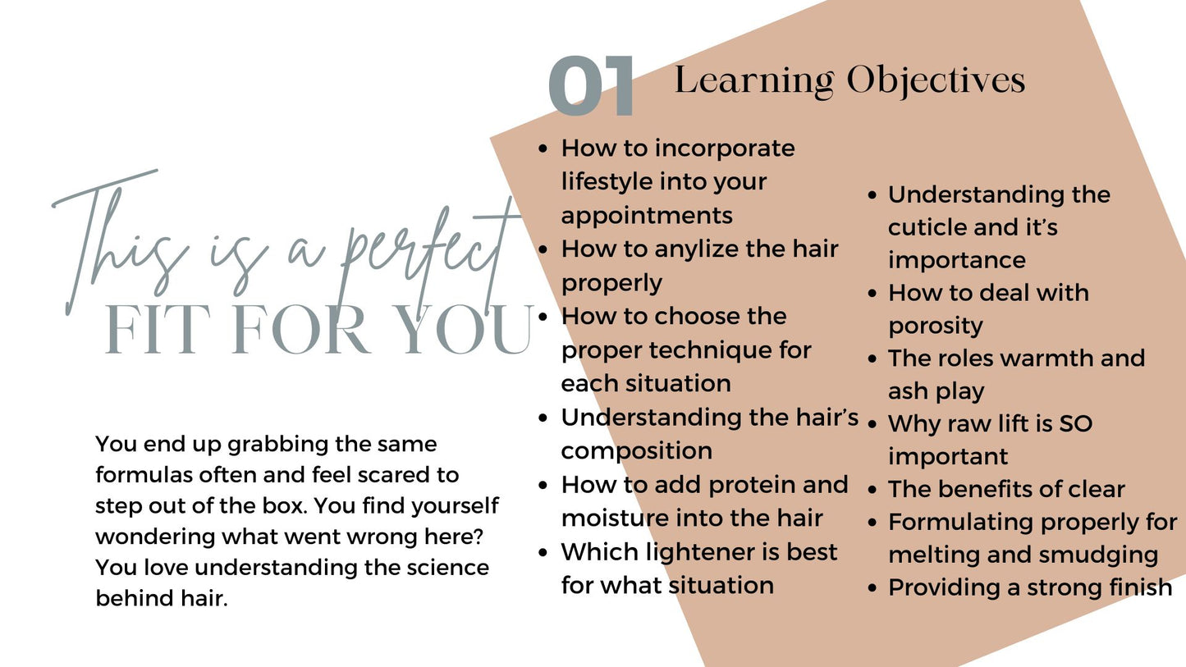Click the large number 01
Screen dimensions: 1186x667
[x=591, y=85]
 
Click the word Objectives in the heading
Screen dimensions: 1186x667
[x=936, y=82]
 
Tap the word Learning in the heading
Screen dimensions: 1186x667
[x=754, y=81]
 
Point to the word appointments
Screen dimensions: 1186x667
[x=647, y=216]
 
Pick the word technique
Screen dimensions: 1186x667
[x=710, y=351]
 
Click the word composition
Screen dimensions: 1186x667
[x=636, y=451]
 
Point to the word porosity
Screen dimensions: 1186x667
[x=935, y=326]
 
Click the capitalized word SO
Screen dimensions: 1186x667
[x=1075, y=423]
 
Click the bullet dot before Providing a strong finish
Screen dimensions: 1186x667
[x=872, y=588]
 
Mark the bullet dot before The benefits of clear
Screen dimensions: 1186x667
[x=872, y=490]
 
